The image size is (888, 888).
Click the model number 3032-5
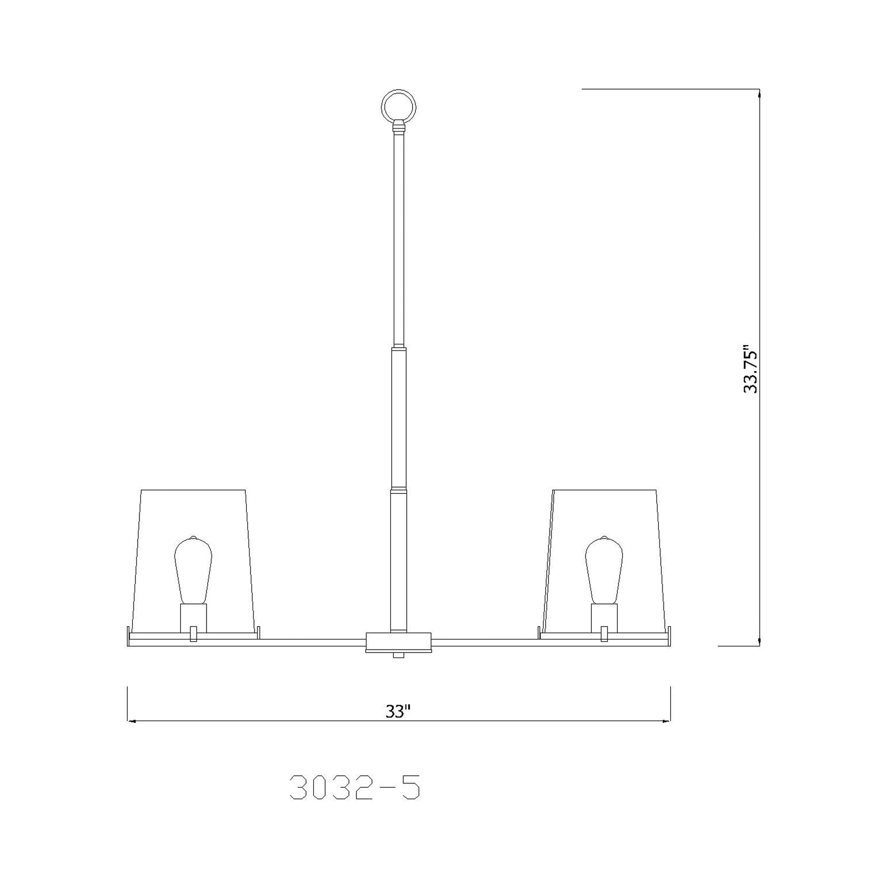click(x=355, y=789)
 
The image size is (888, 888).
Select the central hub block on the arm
click(x=398, y=640)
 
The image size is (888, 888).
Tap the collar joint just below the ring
click(x=399, y=126)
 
